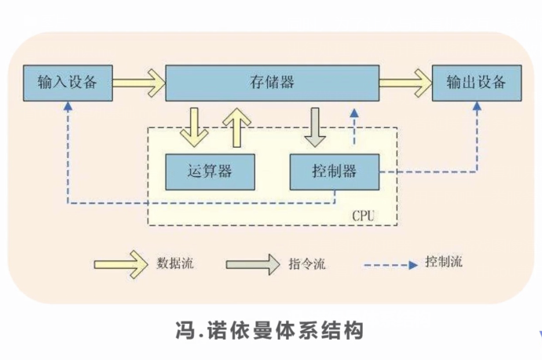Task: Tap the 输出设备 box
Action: (x=477, y=81)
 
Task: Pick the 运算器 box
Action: (x=210, y=171)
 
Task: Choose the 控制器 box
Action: (x=335, y=171)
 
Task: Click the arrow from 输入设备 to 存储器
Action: (x=139, y=80)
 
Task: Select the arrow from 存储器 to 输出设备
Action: (x=405, y=80)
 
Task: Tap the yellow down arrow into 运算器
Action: (x=193, y=127)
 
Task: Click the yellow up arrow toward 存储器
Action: (x=235, y=127)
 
